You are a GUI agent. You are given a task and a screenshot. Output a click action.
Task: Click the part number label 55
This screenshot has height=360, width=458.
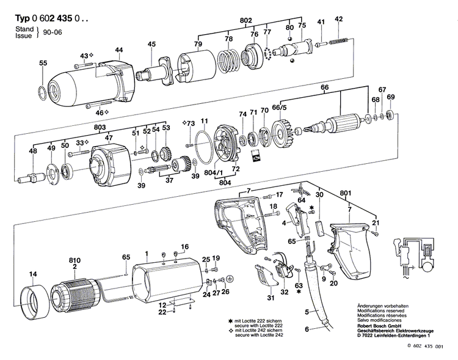43,64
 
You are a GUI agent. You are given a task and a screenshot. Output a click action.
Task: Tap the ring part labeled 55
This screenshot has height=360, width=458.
41,94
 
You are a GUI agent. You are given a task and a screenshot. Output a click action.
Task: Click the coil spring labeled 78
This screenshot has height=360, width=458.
228,62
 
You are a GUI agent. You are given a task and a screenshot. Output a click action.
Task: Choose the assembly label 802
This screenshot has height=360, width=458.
245,21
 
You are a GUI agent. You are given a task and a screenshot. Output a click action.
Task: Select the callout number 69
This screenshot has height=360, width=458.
391,97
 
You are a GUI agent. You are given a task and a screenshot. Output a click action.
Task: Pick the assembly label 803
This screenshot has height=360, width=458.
101,127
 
